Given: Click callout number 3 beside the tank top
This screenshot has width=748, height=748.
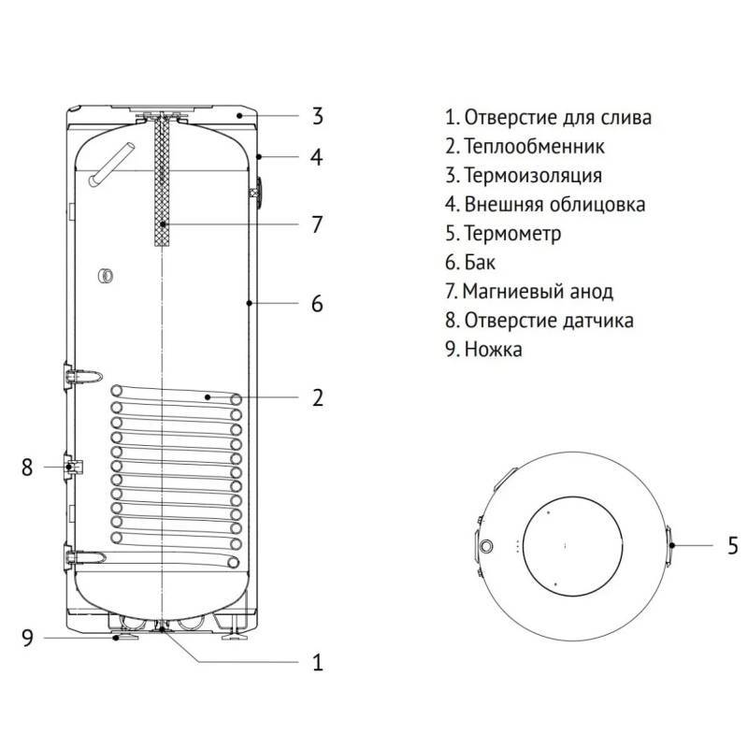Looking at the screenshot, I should pyautogui.click(x=317, y=117).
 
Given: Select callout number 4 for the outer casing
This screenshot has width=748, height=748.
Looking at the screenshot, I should pyautogui.click(x=317, y=157).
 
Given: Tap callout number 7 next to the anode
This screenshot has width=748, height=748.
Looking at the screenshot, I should pyautogui.click(x=317, y=224).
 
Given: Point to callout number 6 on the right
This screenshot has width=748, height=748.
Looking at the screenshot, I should pyautogui.click(x=317, y=303).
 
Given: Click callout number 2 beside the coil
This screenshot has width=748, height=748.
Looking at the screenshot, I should pyautogui.click(x=317, y=397).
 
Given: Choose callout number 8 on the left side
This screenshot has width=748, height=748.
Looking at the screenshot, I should pyautogui.click(x=27, y=467).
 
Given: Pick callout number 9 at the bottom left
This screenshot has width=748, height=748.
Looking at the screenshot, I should pyautogui.click(x=27, y=638).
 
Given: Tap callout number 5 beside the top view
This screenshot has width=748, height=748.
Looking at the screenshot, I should pyautogui.click(x=733, y=544).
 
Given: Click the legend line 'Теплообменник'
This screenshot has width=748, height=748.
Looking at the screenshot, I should pyautogui.click(x=525, y=147).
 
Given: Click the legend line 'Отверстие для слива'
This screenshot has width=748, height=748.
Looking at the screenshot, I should pyautogui.click(x=548, y=118).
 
